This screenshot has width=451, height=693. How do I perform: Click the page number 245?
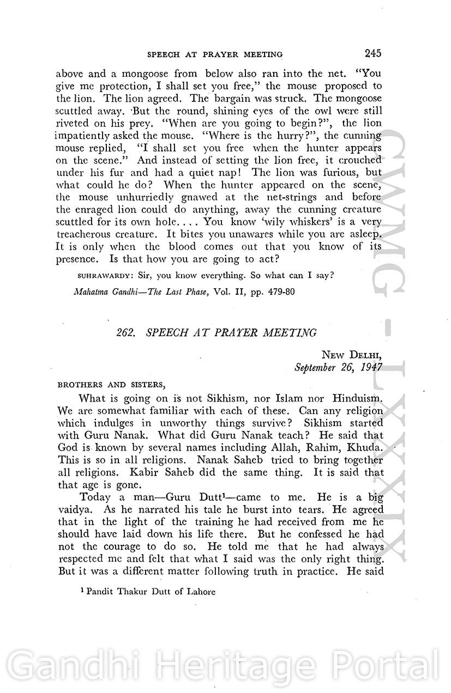(x=370, y=53)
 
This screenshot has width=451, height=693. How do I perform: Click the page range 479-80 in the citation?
(x=279, y=291)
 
